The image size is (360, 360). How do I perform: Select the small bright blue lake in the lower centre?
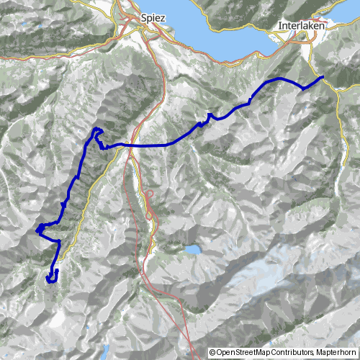192,251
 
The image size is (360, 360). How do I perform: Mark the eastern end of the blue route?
322,76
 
